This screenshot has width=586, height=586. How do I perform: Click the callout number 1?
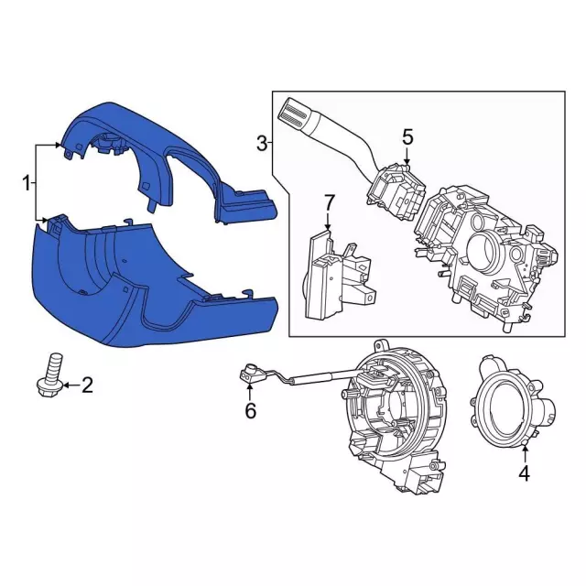click(26, 183)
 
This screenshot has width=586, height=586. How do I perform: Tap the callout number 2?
click(87, 385)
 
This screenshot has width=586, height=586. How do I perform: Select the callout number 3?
click(263, 144)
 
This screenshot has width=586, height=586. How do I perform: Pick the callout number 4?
click(525, 473)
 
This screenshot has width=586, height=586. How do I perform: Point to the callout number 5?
click(407, 136)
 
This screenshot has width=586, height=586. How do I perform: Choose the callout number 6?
click(250, 411)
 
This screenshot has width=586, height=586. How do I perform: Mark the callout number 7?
click(328, 202)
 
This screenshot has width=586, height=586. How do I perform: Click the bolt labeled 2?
click(50, 375)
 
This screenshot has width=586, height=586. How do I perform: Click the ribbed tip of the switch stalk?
click(294, 114)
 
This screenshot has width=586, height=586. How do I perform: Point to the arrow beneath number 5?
click(407, 156)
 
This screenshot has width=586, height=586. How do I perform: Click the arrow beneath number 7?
click(328, 222)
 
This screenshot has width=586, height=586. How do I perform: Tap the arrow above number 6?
click(250, 392)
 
